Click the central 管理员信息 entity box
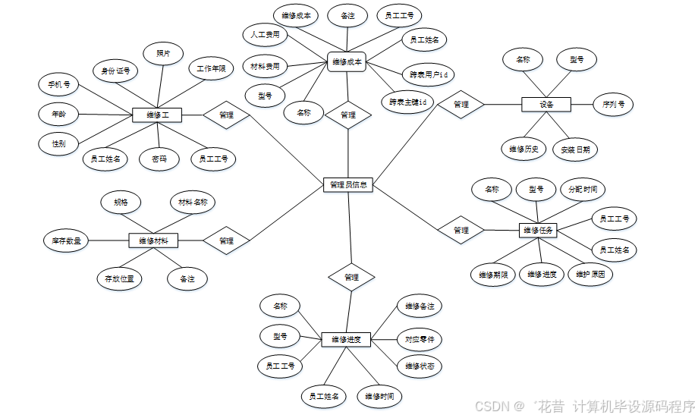pyautogui.click(x=348, y=184)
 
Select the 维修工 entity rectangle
pyautogui.click(x=157, y=115)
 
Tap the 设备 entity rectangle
pyautogui.click(x=546, y=104)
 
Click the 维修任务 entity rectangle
pyautogui.click(x=538, y=230)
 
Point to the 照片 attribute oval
pyautogui.click(x=163, y=53)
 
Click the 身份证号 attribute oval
pyautogui.click(x=116, y=71)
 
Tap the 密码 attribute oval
pyautogui.click(x=159, y=159)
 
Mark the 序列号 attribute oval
pyautogui.click(x=614, y=104)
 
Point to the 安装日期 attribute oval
pyautogui.click(x=575, y=149)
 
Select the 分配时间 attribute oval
pyautogui.click(x=583, y=189)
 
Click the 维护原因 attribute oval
pyautogui.click(x=590, y=274)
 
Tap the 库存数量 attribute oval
pyautogui.click(x=66, y=240)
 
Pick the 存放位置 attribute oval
pyautogui.click(x=119, y=278)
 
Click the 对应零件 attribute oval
pyautogui.click(x=420, y=338)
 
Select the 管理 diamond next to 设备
pyautogui.click(x=461, y=104)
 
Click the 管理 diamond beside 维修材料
pyautogui.click(x=226, y=240)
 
